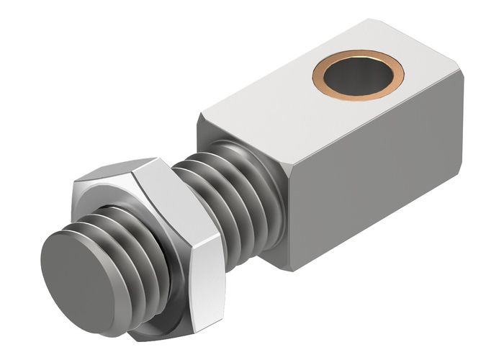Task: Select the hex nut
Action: [184, 238]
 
